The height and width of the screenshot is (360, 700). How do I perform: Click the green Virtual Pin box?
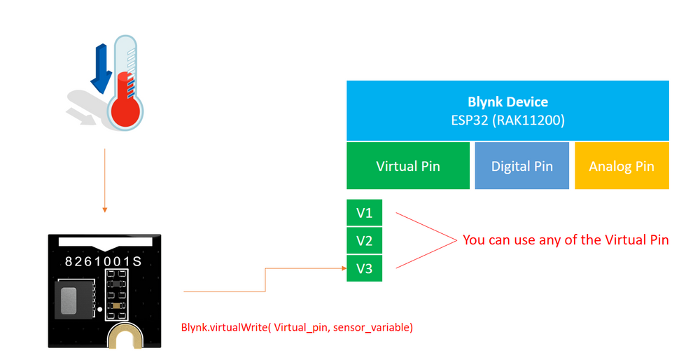pos(408,166)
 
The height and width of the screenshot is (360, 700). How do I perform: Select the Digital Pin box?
pos(521,166)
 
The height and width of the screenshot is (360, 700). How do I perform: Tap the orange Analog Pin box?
pos(622,166)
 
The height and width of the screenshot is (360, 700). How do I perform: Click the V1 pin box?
pos(364,213)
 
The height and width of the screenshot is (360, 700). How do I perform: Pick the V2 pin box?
pos(364,241)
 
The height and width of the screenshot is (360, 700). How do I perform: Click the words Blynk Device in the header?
pos(507,102)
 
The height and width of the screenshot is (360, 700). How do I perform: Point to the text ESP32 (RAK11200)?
pos(507,120)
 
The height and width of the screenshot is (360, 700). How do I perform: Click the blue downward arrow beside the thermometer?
pos(101,70)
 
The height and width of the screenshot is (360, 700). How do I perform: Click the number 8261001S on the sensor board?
pos(104,262)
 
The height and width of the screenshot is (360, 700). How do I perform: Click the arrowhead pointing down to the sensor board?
pos(104,209)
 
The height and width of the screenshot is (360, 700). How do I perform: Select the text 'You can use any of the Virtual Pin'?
pos(566,240)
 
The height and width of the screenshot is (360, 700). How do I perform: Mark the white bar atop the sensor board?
pos(105,242)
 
